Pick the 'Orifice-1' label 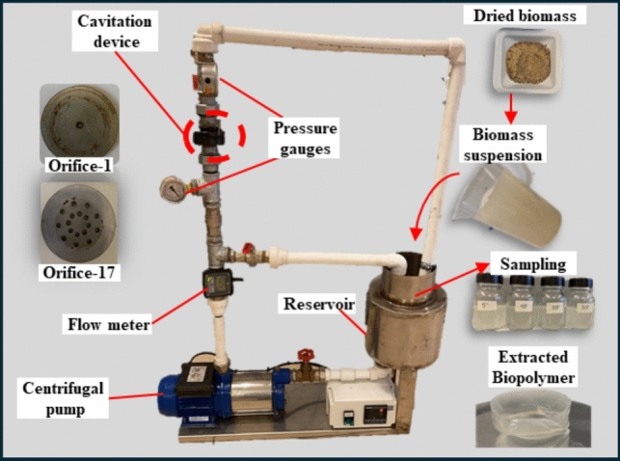[x=79, y=166]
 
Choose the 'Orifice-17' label [x=79, y=272]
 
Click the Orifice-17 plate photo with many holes [x=79, y=221]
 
